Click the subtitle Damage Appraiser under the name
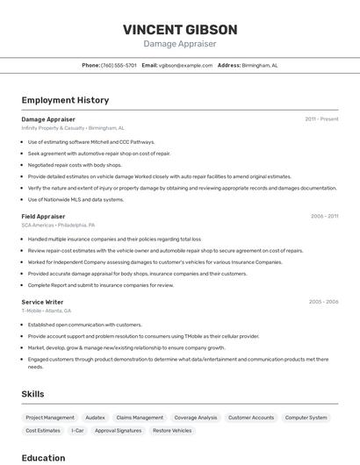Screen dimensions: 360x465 pyautogui.click(x=180, y=44)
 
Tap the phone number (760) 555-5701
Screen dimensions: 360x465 pyautogui.click(x=119, y=65)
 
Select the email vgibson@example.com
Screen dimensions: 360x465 pyautogui.click(x=186, y=65)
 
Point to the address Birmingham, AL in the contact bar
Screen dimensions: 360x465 pyautogui.click(x=260, y=65)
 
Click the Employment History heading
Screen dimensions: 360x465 pyautogui.click(x=65, y=100)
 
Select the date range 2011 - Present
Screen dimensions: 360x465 pyautogui.click(x=321, y=118)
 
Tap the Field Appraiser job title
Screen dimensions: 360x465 pyautogui.click(x=43, y=216)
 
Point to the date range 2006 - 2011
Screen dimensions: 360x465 pyautogui.click(x=324, y=216)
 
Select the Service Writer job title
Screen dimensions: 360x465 pyautogui.click(x=42, y=302)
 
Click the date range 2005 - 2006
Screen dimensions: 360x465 pyautogui.click(x=323, y=302)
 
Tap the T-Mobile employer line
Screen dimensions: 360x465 pyautogui.click(x=47, y=311)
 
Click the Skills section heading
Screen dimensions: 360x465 pyautogui.click(x=32, y=394)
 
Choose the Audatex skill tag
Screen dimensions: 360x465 pyautogui.click(x=95, y=418)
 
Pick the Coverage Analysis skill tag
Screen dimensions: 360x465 pyautogui.click(x=195, y=418)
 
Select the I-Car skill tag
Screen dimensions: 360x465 pyautogui.click(x=78, y=431)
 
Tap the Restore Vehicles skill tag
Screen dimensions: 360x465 pyautogui.click(x=172, y=431)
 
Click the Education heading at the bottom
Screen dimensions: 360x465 pyautogui.click(x=43, y=457)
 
